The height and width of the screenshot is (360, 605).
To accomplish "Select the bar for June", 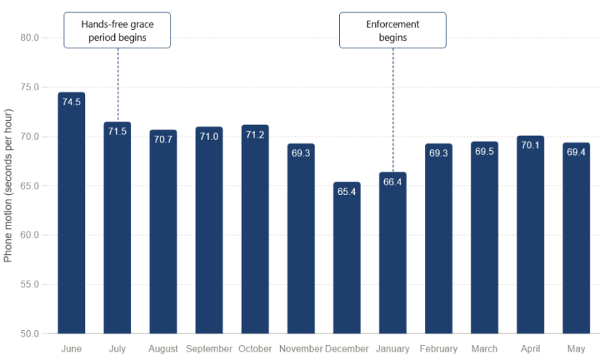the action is tap(71, 213).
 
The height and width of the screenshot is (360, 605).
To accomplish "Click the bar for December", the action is tap(347, 257).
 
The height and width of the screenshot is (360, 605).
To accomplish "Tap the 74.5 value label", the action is tap(71, 102).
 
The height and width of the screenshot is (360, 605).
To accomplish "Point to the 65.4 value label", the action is tap(347, 192).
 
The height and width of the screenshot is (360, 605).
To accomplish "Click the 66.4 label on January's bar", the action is tap(392, 181).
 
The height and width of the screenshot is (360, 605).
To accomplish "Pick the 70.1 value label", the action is tap(530, 145).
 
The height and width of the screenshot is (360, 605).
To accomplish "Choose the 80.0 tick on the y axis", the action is tap(30, 37).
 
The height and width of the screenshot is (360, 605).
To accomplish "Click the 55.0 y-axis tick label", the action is tap(30, 284).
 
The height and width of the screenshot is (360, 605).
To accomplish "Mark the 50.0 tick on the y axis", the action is tap(30, 334).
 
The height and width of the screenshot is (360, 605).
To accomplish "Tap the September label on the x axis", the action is tap(209, 348).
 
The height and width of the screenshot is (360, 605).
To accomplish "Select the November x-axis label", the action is tap(300, 348).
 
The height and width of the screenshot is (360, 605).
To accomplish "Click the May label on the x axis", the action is tap(576, 349).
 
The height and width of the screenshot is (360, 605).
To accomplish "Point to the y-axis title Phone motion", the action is tap(8, 185).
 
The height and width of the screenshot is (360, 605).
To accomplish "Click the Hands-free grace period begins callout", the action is tap(118, 30).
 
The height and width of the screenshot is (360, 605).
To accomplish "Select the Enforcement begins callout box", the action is tap(393, 30).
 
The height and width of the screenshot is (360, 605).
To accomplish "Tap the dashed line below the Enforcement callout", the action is tap(393, 110).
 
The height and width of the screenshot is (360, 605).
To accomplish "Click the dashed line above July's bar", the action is tap(118, 85).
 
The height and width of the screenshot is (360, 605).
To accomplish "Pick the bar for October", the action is tap(255, 229).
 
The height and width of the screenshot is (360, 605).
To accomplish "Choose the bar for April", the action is tap(530, 234).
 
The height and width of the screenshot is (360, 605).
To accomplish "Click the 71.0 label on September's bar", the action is tap(209, 136).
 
